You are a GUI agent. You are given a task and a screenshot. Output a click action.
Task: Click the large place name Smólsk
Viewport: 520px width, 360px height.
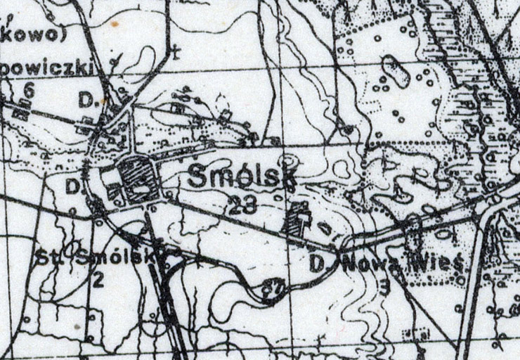(x=238, y=179)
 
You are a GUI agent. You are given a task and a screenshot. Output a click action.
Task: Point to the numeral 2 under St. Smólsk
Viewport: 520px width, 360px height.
(x=98, y=280)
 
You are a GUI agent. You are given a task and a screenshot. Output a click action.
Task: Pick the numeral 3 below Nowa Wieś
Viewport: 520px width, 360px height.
(x=384, y=286)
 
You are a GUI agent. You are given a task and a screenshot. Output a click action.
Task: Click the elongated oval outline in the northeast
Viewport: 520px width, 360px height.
(x=394, y=71)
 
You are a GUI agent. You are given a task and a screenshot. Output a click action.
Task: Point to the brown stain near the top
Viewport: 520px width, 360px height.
(x=115, y=23)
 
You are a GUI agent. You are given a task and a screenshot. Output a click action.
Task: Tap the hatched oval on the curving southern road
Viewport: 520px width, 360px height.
(x=269, y=288)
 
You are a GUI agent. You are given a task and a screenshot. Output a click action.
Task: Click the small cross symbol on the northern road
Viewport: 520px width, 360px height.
(x=175, y=51)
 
